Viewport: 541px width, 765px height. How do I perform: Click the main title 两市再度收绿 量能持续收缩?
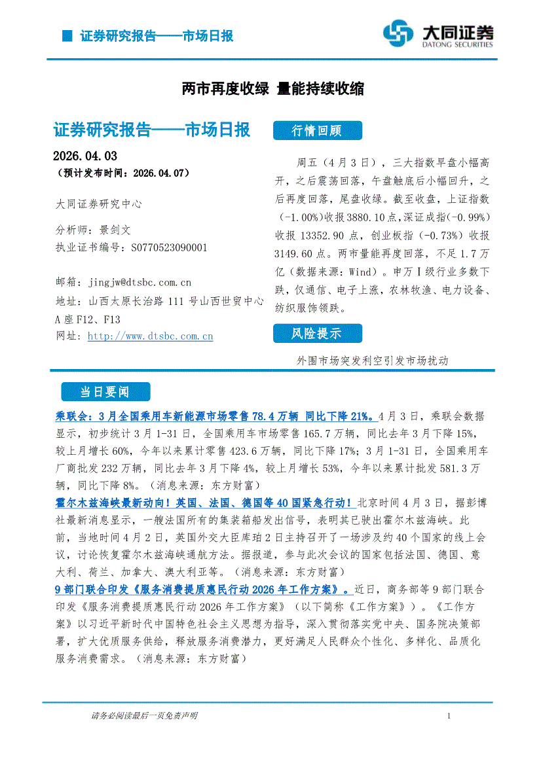point(272,89)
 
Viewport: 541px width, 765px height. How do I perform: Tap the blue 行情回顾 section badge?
point(316,131)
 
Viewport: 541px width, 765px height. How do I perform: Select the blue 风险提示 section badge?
point(316,334)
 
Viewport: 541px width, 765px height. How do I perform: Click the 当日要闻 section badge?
point(105,392)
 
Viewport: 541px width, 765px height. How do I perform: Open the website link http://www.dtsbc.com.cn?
point(150,336)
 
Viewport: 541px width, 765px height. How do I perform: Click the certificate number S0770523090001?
point(169,247)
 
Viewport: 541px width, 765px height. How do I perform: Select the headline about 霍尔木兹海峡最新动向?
point(206,503)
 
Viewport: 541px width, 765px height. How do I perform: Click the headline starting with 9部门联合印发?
point(203,590)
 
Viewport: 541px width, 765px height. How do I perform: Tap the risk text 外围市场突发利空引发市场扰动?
point(372,361)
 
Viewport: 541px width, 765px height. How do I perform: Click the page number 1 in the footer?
point(449,717)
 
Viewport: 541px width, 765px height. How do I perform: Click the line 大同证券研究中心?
point(99,204)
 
